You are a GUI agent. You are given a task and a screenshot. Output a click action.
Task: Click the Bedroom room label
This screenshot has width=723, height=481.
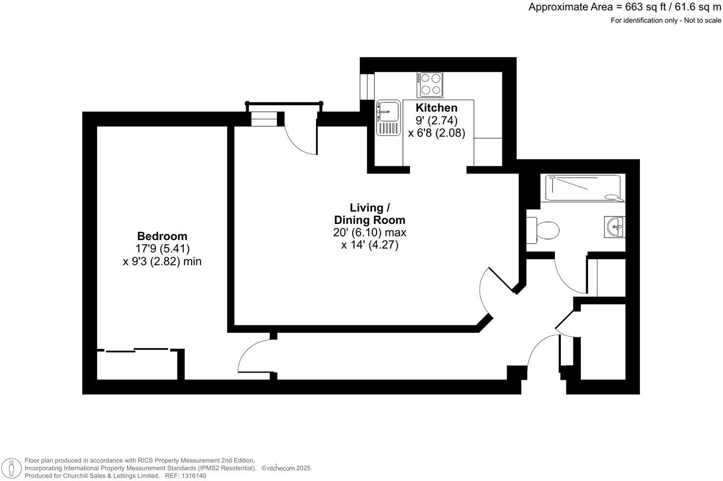[x=162, y=236]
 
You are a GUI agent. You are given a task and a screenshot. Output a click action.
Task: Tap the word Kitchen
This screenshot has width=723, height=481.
[x=436, y=108]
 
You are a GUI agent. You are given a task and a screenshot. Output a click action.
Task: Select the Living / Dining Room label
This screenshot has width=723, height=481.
[x=369, y=214]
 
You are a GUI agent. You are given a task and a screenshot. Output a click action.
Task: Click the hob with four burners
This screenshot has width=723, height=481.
[x=430, y=84]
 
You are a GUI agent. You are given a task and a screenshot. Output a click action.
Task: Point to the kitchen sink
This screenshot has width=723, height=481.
[x=388, y=117]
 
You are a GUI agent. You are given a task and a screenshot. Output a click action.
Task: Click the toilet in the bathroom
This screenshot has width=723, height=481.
[x=543, y=230]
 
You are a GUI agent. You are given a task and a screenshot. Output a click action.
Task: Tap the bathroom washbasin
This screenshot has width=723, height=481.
[x=614, y=227]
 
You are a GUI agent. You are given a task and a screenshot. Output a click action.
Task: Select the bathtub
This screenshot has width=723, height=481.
[x=583, y=188]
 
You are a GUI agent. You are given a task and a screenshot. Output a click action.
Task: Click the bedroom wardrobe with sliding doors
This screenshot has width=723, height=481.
[x=139, y=365]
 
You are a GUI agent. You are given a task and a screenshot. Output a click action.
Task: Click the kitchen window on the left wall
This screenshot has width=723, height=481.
[x=364, y=87]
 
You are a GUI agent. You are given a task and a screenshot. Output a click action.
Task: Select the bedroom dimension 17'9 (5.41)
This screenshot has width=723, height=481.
[x=163, y=249]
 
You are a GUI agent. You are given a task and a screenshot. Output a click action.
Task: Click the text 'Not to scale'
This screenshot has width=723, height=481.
[x=702, y=21]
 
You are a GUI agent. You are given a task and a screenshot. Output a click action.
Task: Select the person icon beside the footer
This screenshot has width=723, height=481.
[x=10, y=467]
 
